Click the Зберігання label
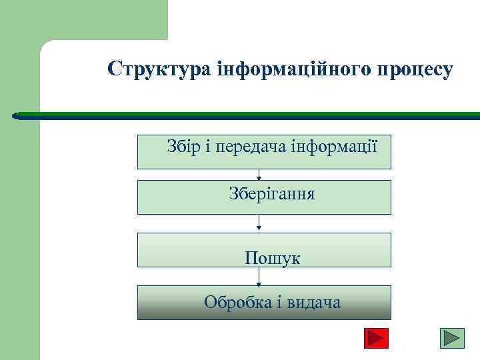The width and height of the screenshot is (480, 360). (x=272, y=195)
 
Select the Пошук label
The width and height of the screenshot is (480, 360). (x=272, y=258)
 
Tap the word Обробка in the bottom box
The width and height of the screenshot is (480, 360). (x=236, y=303)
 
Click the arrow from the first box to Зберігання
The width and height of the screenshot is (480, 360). (x=259, y=174)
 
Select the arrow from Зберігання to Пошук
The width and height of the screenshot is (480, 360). (x=259, y=223)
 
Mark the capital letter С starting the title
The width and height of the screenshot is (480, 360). (x=115, y=69)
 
